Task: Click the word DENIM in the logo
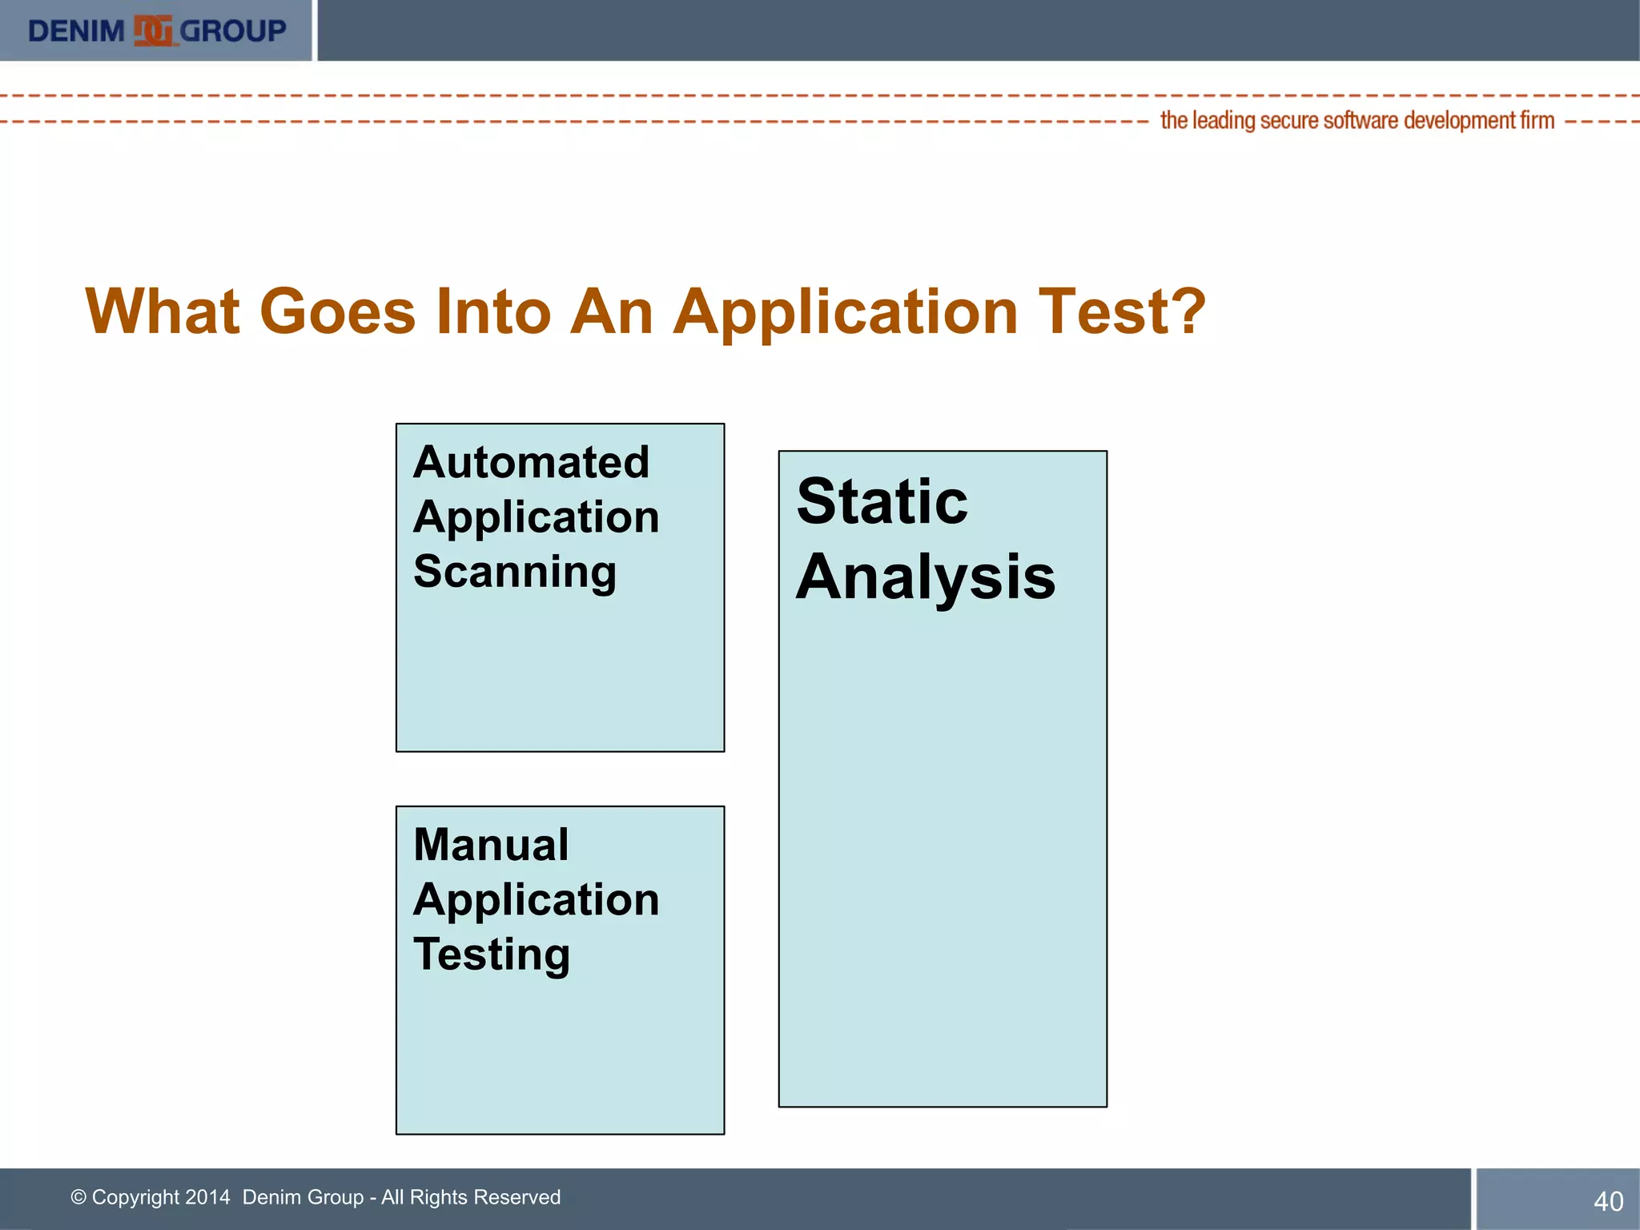(x=76, y=31)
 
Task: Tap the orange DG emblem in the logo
(x=153, y=31)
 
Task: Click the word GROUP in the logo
(x=232, y=31)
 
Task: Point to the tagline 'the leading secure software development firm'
(x=1357, y=121)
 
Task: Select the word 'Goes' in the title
(x=337, y=312)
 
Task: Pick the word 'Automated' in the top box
(x=531, y=462)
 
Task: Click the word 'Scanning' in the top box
(x=515, y=572)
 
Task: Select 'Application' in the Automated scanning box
(x=536, y=517)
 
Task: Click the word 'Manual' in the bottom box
(x=491, y=845)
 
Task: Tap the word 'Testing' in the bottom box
(x=492, y=955)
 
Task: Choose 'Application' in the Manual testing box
(x=536, y=900)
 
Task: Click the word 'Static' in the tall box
(x=882, y=502)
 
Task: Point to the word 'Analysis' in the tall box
(x=926, y=577)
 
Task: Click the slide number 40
(x=1608, y=1201)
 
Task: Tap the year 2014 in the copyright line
(x=207, y=1197)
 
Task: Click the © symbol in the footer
(x=78, y=1197)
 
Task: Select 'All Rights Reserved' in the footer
(x=471, y=1197)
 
